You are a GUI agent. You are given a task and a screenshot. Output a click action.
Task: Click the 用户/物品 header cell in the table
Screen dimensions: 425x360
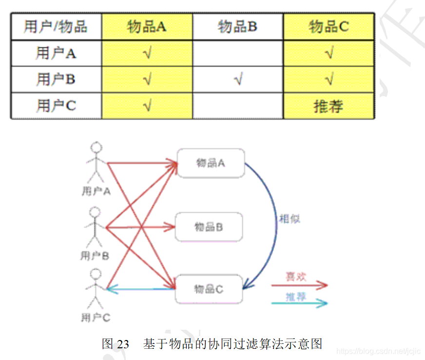point(56,26)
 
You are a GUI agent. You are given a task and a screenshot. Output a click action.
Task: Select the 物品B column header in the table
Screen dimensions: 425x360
point(237,26)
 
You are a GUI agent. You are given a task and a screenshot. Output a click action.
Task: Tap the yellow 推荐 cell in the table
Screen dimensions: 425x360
point(328,106)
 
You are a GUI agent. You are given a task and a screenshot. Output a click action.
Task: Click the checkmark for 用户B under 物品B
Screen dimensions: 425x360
point(238,80)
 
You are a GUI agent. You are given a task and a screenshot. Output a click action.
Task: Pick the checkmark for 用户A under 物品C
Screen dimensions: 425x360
point(329,53)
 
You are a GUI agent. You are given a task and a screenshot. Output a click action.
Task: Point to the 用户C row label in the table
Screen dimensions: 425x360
point(56,106)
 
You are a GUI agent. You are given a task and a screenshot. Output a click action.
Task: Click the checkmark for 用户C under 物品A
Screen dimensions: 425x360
point(147,106)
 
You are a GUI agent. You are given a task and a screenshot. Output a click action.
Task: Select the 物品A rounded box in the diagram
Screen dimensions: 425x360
point(211,163)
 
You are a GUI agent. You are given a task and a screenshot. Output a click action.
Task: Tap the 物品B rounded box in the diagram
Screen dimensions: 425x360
point(209,227)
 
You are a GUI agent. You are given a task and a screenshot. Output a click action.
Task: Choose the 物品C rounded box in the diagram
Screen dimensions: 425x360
point(209,289)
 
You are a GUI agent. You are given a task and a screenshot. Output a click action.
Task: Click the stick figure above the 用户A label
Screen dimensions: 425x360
point(97,161)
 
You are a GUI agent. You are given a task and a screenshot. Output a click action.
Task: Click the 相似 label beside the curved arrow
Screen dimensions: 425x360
point(290,219)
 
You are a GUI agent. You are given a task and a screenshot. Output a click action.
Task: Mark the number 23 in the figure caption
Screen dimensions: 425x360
point(123,344)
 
